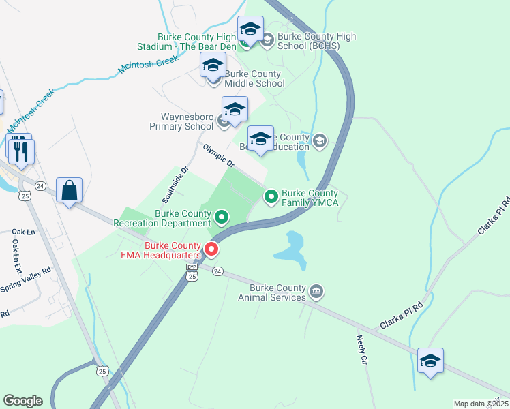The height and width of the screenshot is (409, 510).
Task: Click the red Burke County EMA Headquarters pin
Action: [x=211, y=249]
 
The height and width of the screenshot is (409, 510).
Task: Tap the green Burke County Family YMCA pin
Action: [x=271, y=197]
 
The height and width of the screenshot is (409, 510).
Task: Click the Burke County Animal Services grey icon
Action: [x=316, y=292]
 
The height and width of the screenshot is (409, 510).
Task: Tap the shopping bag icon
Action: [x=70, y=190]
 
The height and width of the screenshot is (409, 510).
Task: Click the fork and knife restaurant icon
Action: [x=21, y=151]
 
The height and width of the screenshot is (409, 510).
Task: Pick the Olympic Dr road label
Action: [x=218, y=156]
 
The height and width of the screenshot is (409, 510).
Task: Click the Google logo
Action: [x=22, y=401]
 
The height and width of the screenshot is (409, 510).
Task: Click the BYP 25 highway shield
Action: [x=192, y=274]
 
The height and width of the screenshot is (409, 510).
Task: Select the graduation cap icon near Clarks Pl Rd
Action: [x=430, y=361]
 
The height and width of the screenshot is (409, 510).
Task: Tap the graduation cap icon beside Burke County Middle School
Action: [x=213, y=66]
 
